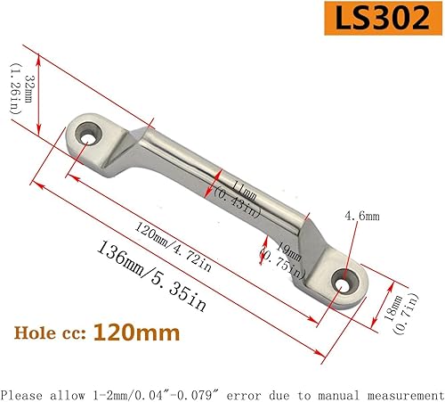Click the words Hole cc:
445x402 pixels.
click(x=53, y=334)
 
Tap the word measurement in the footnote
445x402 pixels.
click(x=397, y=392)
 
